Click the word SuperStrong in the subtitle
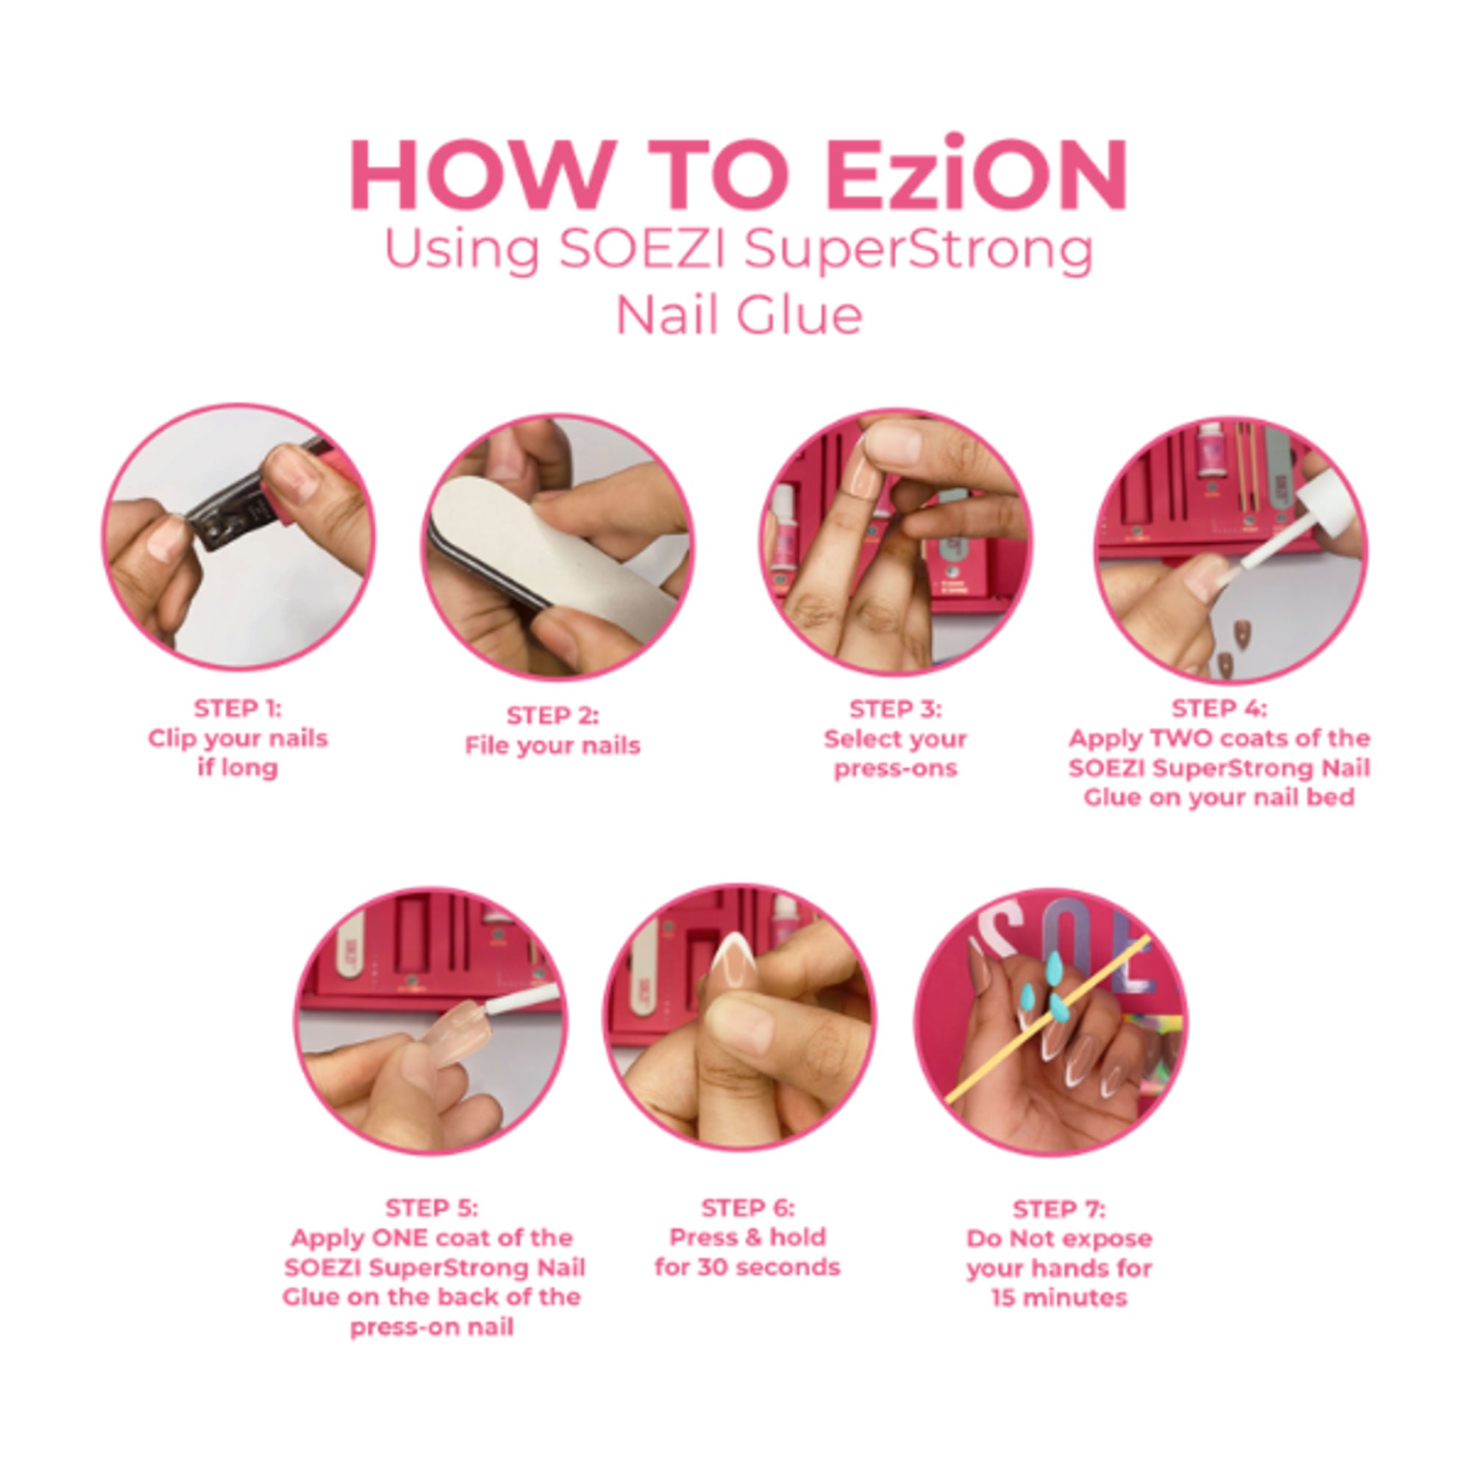click(x=919, y=249)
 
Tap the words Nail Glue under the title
click(x=738, y=316)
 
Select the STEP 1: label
click(x=238, y=708)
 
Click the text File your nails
click(x=552, y=745)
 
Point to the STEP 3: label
click(x=895, y=709)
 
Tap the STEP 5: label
click(x=432, y=1208)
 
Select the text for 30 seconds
click(x=747, y=1268)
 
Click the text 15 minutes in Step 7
click(x=1058, y=1298)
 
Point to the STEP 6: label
click(x=747, y=1208)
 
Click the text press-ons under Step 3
click(x=895, y=769)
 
